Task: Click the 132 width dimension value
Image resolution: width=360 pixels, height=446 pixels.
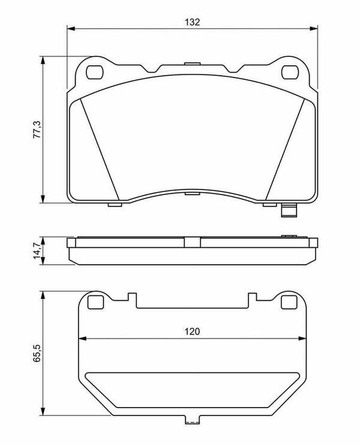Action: coord(192,22)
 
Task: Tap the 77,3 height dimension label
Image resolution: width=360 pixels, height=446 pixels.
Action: coord(37,130)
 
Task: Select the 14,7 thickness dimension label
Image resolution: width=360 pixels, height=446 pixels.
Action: coord(37,250)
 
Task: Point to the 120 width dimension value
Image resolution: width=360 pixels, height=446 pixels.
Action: coord(192,331)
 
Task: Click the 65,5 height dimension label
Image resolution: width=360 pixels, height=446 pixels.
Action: coord(37,353)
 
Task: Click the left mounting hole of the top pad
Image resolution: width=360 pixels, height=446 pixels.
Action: coord(94,72)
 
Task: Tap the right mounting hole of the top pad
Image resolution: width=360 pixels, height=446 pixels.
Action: coord(290,72)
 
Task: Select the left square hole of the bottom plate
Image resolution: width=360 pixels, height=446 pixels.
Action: coord(95,302)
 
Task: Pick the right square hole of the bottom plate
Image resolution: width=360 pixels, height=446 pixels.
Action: coord(289,302)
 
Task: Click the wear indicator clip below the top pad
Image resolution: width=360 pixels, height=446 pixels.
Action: coord(289,211)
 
